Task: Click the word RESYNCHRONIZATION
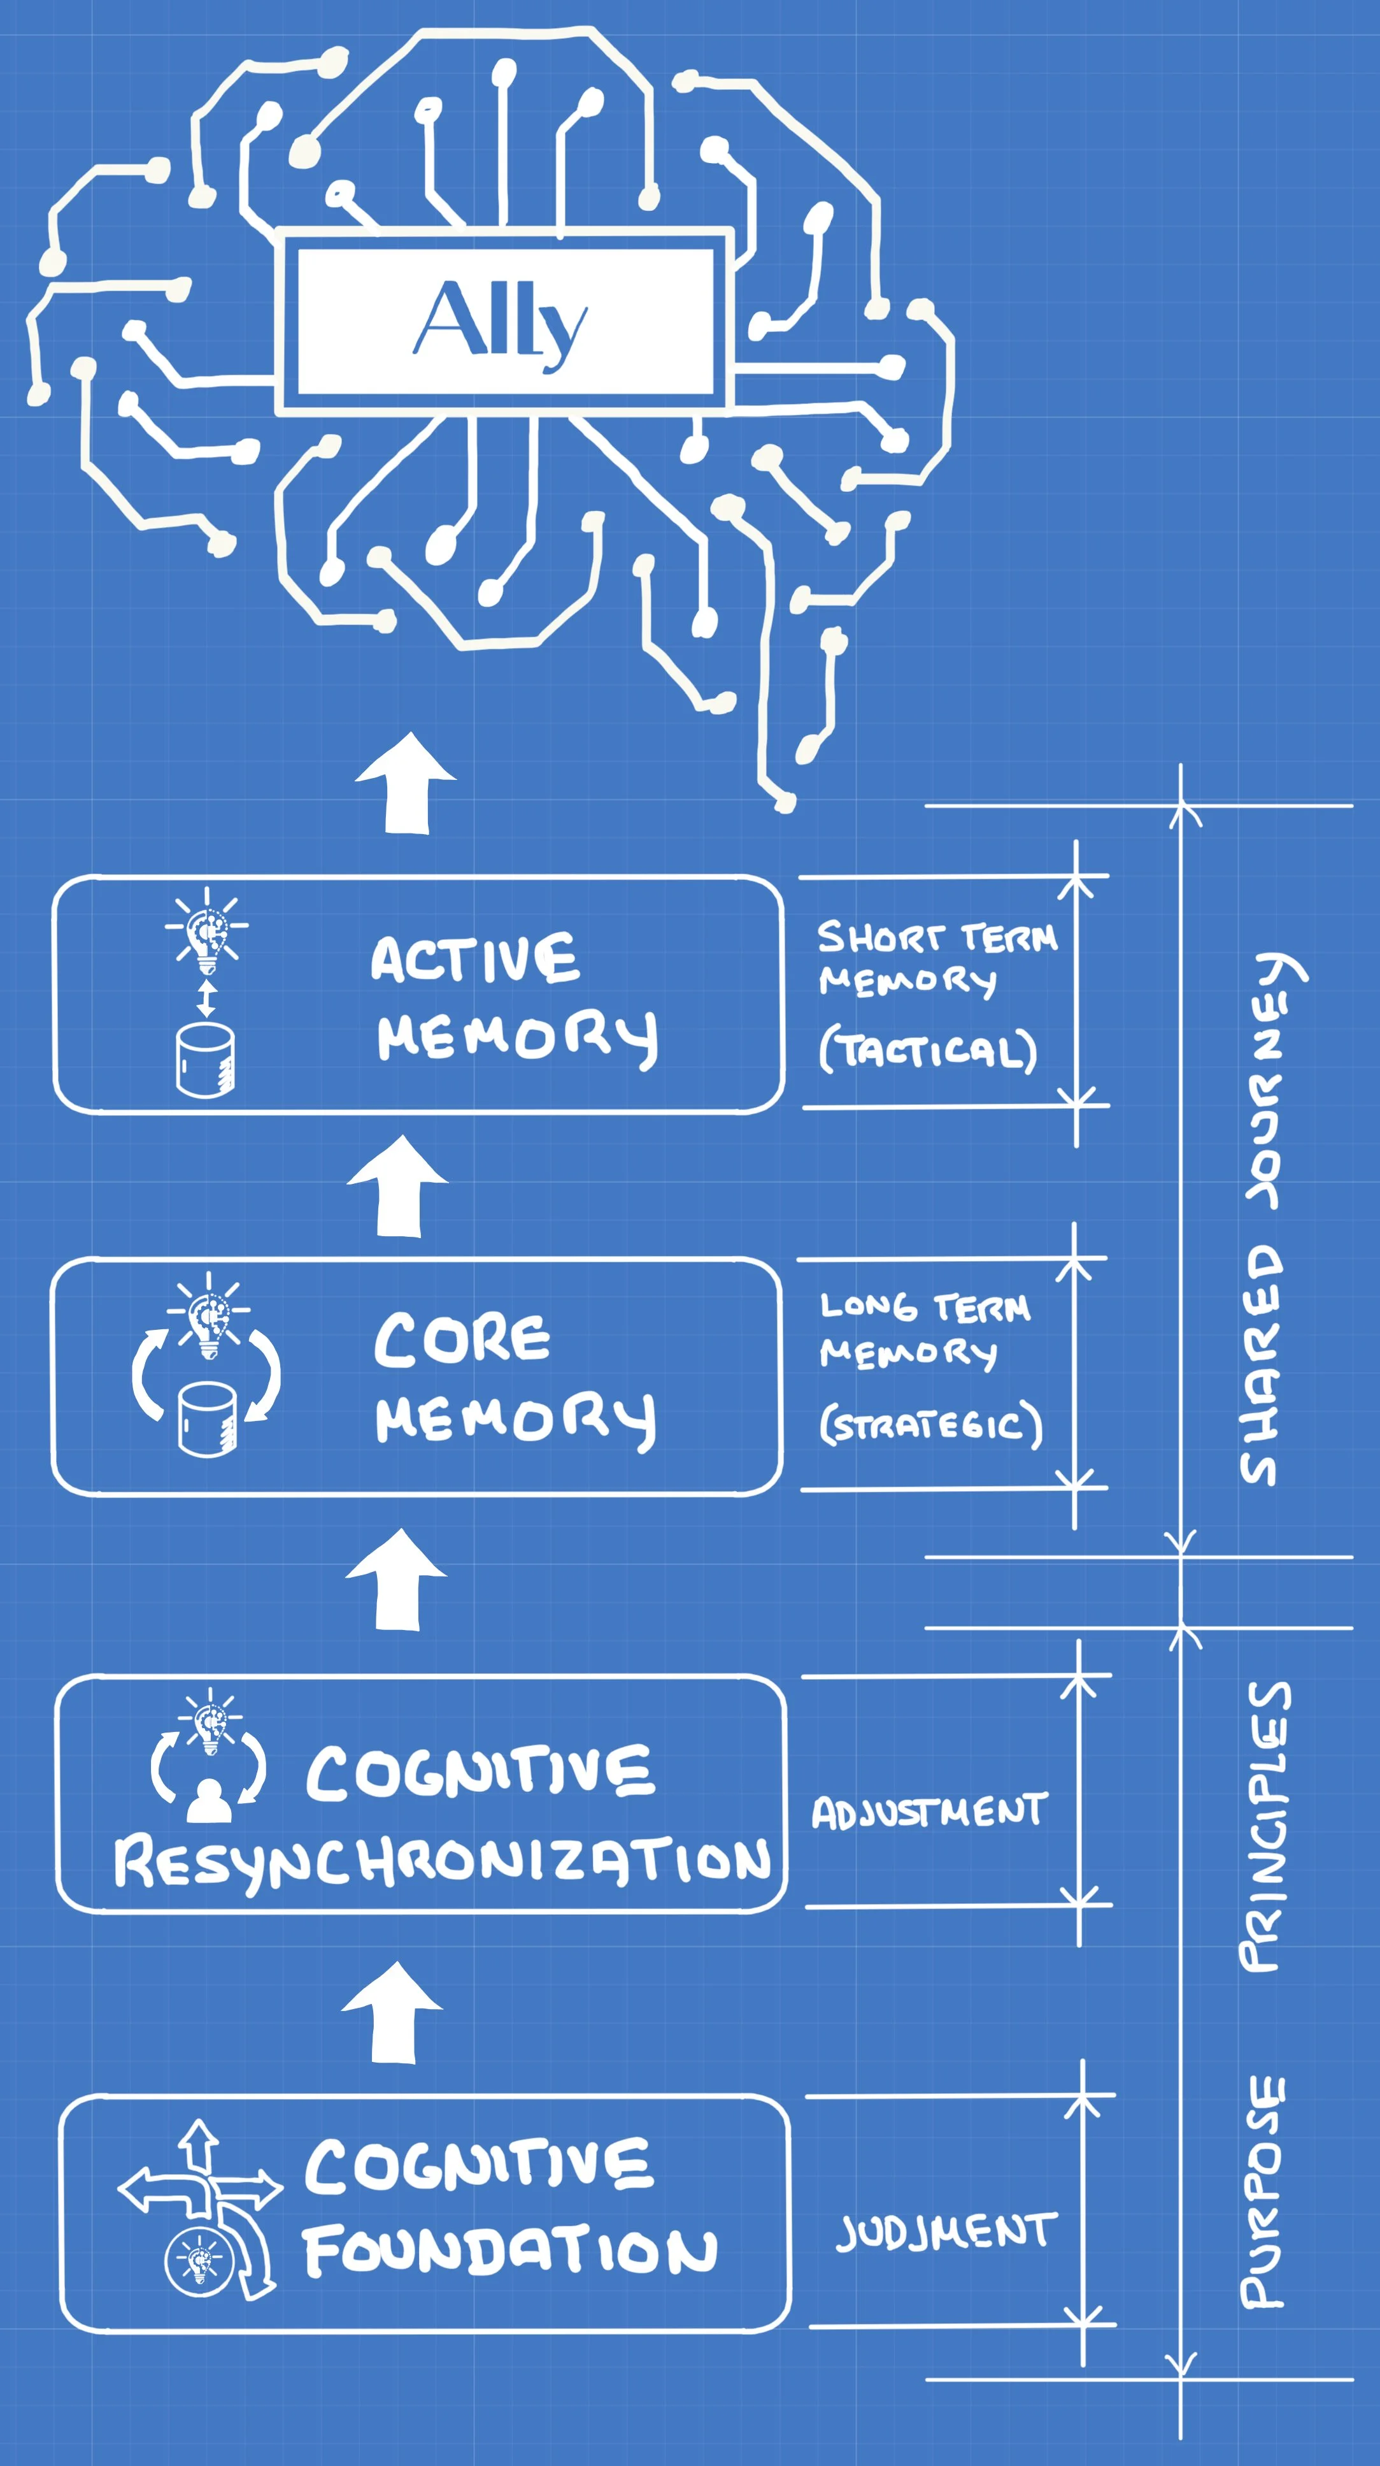coord(442,1862)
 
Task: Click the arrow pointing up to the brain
coord(406,785)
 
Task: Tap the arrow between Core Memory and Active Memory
coord(398,1187)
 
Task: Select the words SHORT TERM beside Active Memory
coord(937,937)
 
